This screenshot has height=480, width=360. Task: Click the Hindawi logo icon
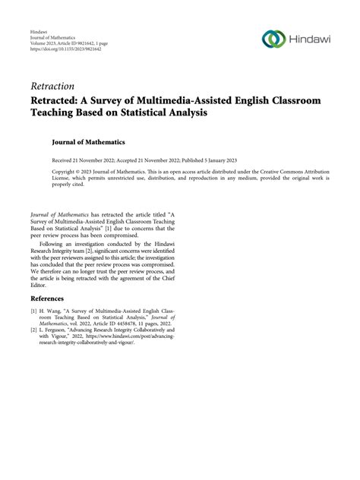click(x=272, y=39)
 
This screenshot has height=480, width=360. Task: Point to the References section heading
click(x=48, y=299)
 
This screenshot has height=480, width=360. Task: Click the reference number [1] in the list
click(x=34, y=311)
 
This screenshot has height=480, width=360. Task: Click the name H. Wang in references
click(x=52, y=311)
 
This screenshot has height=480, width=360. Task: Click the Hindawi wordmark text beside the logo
click(x=312, y=39)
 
